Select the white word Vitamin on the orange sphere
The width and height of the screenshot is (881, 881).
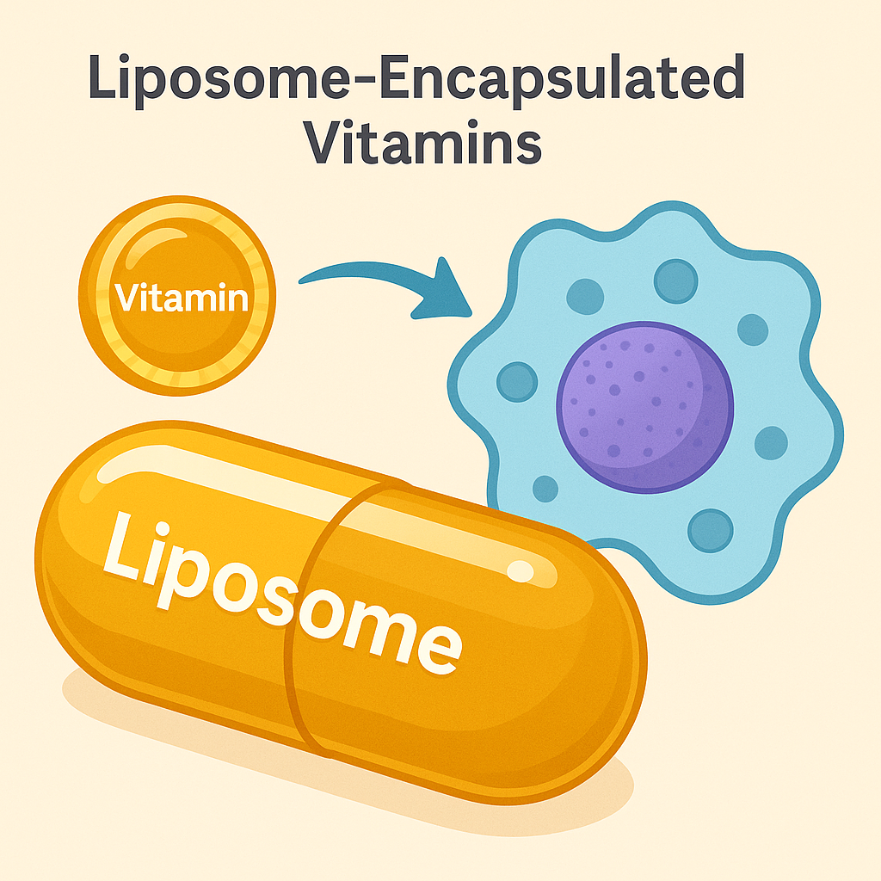pyautogui.click(x=180, y=299)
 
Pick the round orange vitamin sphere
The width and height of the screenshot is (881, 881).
pyautogui.click(x=177, y=298)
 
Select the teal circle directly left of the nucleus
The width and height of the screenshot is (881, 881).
pyautogui.click(x=515, y=380)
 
